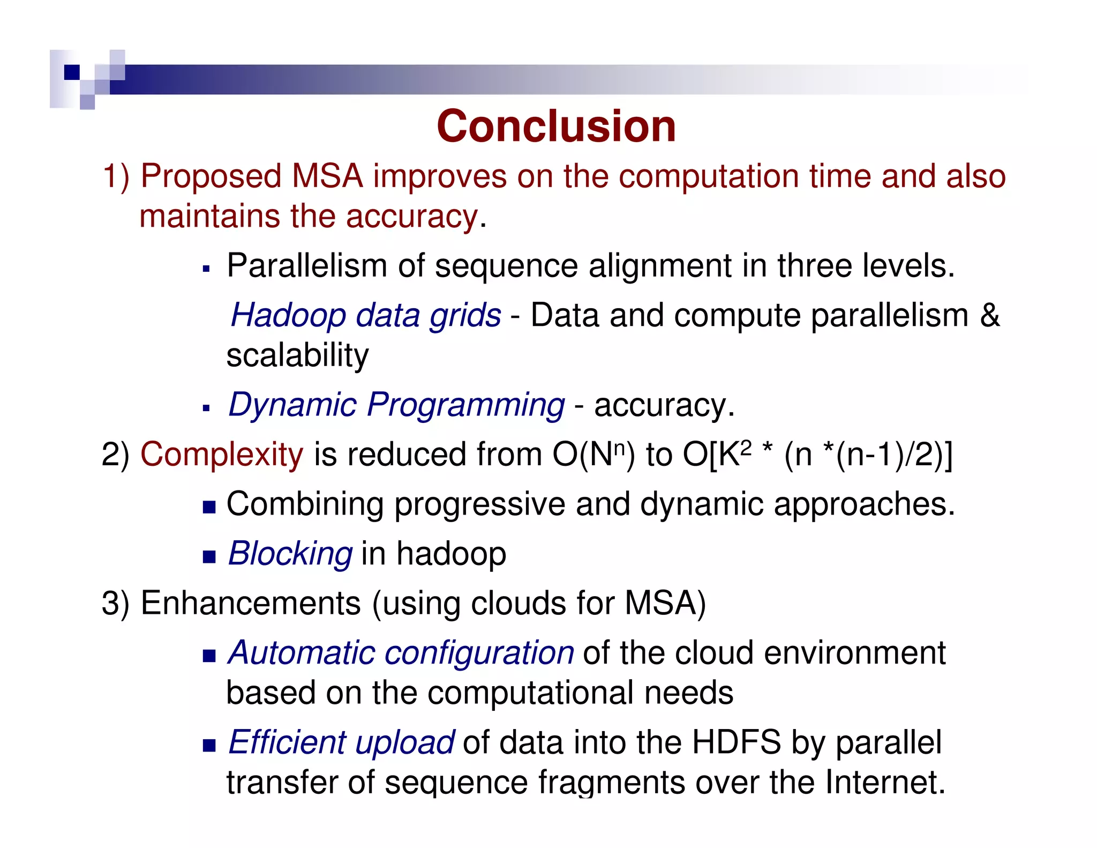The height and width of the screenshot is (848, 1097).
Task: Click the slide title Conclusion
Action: coord(556,127)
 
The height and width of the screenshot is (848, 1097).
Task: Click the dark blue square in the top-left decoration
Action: coord(71,72)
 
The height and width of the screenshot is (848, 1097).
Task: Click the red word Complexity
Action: coord(221,455)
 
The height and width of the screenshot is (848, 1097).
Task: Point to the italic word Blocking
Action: coord(290,553)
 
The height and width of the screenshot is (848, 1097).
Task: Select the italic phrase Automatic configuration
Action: coord(401,653)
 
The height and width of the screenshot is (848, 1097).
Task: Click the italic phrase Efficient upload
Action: coord(341,742)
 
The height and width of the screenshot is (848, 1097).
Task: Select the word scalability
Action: coord(297,355)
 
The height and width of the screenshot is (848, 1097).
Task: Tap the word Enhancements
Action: coord(250,603)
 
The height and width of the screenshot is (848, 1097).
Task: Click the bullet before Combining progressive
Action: coord(209,507)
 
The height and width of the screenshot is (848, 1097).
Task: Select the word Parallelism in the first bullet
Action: coord(306,265)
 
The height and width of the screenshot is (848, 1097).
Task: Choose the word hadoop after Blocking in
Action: coord(451,553)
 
